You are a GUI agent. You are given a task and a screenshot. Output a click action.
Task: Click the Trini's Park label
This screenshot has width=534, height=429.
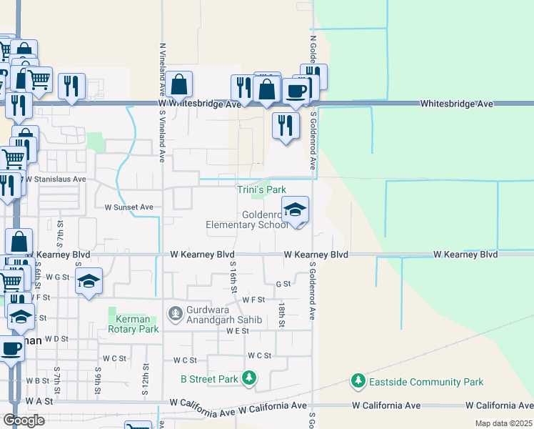[x=261, y=189]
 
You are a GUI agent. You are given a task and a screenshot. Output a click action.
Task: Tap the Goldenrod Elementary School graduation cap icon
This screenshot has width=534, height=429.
[x=295, y=210]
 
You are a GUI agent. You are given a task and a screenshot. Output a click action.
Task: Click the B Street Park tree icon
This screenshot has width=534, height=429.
[x=248, y=378]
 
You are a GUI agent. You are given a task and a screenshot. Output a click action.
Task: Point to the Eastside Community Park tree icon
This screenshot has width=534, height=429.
[x=358, y=381]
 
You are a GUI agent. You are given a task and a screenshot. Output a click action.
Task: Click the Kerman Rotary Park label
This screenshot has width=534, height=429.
[x=133, y=325]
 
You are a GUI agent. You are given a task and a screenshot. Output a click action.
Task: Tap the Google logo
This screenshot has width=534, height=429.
[x=24, y=420]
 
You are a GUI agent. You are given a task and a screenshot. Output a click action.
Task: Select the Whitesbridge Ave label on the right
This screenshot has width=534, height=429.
[x=456, y=104]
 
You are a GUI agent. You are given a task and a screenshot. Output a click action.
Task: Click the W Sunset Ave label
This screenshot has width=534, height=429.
[x=129, y=207]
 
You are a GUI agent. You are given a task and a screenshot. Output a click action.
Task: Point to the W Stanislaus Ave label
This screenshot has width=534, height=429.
[x=56, y=179]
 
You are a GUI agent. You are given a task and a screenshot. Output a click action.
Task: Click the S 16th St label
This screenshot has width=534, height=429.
[x=233, y=276]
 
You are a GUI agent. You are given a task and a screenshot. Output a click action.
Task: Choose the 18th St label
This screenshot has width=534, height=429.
[x=283, y=315]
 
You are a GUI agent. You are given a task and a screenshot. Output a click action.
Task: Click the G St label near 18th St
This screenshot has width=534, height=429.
[x=283, y=284]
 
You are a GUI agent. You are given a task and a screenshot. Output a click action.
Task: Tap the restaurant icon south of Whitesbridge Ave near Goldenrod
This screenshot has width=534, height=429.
[x=286, y=126]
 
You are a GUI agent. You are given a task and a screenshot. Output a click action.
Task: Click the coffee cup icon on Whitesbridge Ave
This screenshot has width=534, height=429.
[x=296, y=91]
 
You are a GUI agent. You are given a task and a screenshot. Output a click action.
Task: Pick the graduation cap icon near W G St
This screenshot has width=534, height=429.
[x=89, y=281]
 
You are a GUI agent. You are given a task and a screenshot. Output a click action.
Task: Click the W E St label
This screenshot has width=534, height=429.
[x=237, y=331]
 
